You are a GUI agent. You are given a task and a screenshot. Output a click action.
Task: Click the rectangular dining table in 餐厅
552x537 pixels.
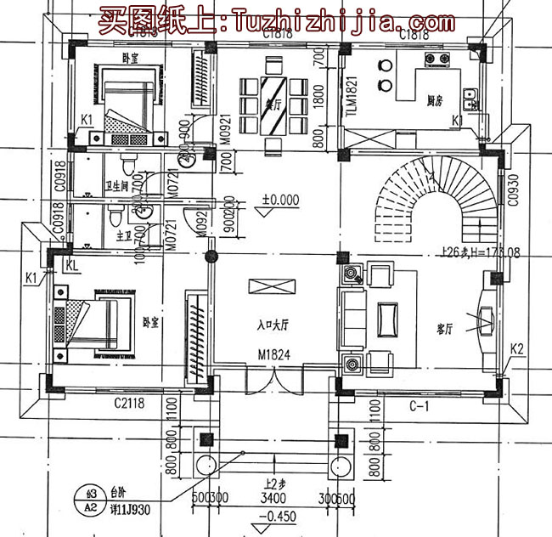click(x=274, y=103)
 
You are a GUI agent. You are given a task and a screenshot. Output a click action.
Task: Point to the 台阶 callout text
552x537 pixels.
click(x=117, y=490)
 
